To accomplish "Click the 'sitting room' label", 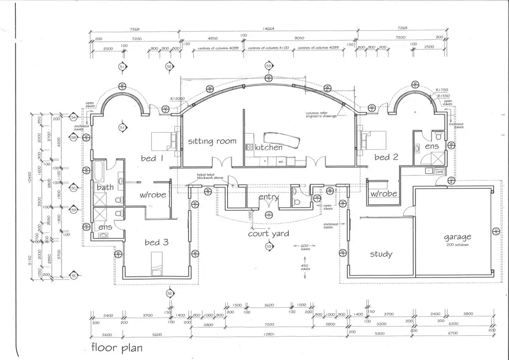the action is pos(212,141).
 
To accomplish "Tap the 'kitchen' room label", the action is pos(268,148).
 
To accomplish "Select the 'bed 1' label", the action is pos(152,159).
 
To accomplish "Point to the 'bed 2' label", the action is pos(386,157).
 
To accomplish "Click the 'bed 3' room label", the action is pos(156,243).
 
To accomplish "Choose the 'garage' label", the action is pos(457,237).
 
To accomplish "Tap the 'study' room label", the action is pos(381,254).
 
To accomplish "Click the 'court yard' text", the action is pos(268,233).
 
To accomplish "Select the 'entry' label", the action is pos(268,197).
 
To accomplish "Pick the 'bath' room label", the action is pos(105,187).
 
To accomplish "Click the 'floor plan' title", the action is pos(116,347).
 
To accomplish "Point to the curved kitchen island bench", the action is pos(281,138).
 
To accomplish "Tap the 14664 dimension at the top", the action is pos(269,29).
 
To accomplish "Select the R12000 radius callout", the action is pos(177,99).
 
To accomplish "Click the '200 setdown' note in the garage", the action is pos(457,245).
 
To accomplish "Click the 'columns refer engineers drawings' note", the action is pos(323,114).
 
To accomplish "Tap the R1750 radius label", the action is pos(442,90).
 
